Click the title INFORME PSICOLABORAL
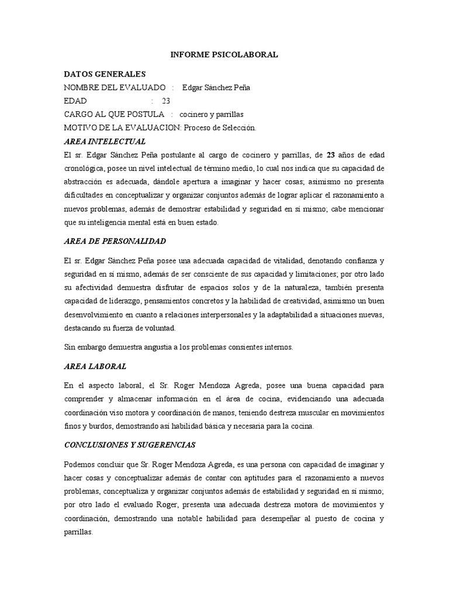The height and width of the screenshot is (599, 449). [224, 55]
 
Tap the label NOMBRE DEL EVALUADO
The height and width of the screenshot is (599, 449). [114, 88]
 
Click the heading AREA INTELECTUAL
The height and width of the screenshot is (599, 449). [105, 141]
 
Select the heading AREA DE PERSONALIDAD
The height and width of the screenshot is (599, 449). [115, 241]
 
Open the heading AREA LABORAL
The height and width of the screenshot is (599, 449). [95, 366]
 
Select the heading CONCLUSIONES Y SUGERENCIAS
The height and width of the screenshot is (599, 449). [129, 445]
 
